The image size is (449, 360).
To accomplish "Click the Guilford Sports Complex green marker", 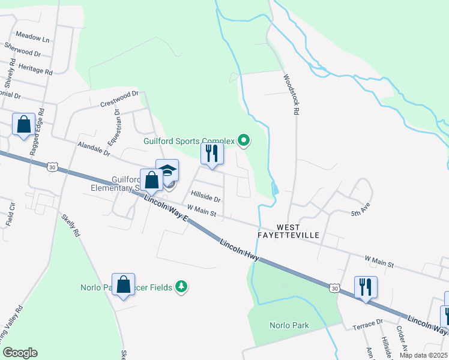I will [x=243, y=142].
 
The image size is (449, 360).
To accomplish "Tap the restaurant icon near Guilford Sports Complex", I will [x=212, y=153].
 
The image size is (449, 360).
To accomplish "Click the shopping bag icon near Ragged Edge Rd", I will [x=24, y=125].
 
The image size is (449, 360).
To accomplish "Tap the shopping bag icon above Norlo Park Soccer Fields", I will [x=123, y=285].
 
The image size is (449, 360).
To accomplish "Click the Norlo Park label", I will [x=289, y=326].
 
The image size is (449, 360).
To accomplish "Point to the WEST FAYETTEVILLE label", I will [x=298, y=231].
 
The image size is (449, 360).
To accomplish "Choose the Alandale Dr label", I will [x=94, y=149].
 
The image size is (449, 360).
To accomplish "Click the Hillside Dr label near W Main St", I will [x=206, y=196].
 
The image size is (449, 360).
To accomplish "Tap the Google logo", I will [x=20, y=352].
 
